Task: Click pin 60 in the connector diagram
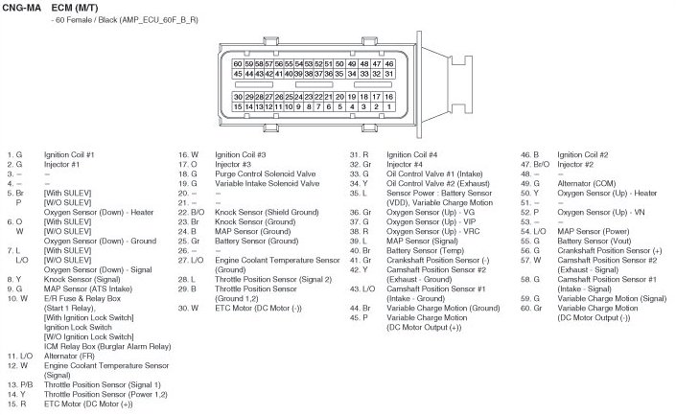pyautogui.click(x=238, y=63)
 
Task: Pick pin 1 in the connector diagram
pyautogui.click(x=389, y=107)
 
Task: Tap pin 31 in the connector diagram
pyautogui.click(x=389, y=74)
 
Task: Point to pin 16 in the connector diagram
pyautogui.click(x=389, y=97)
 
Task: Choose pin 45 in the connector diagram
pyautogui.click(x=238, y=74)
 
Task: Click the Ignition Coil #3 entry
pyautogui.click(x=240, y=154)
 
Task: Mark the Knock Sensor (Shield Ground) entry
pyautogui.click(x=267, y=212)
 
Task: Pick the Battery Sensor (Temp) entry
pyautogui.click(x=423, y=250)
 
